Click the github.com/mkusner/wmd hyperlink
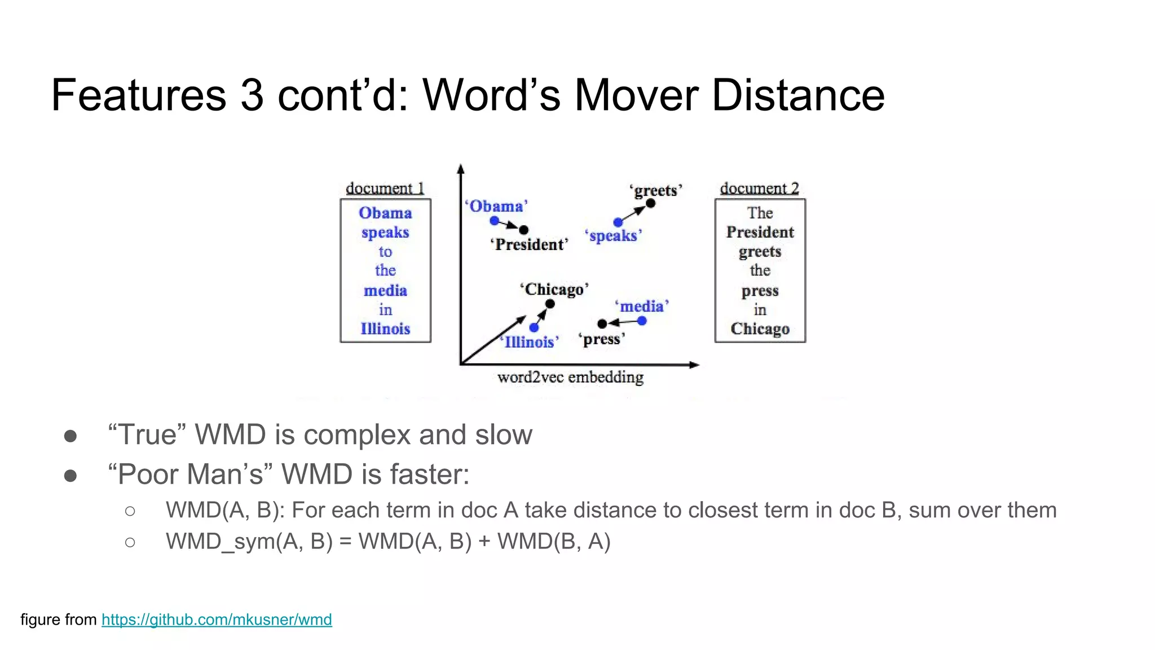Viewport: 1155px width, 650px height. tap(217, 620)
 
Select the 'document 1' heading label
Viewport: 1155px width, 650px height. tap(385, 188)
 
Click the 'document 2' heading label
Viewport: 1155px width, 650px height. tap(759, 188)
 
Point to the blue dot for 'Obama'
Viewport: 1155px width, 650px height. tap(495, 221)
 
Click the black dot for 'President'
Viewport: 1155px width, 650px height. tap(524, 230)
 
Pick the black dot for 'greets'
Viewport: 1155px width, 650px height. tap(651, 203)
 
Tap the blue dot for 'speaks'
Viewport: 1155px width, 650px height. tap(618, 222)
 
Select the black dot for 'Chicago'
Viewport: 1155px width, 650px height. tap(550, 304)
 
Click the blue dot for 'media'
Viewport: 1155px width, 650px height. tap(642, 321)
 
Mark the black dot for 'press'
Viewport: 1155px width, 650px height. tap(602, 323)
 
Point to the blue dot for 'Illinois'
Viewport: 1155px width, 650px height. tap(534, 327)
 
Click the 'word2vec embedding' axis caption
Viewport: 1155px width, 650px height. tap(570, 377)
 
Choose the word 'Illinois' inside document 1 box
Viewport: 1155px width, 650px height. tap(385, 328)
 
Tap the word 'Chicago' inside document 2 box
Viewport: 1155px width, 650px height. tap(760, 328)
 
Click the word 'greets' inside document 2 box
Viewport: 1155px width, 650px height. tap(760, 251)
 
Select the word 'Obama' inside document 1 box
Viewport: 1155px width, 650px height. tap(385, 213)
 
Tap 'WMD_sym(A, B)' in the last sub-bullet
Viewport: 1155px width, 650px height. tap(249, 541)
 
